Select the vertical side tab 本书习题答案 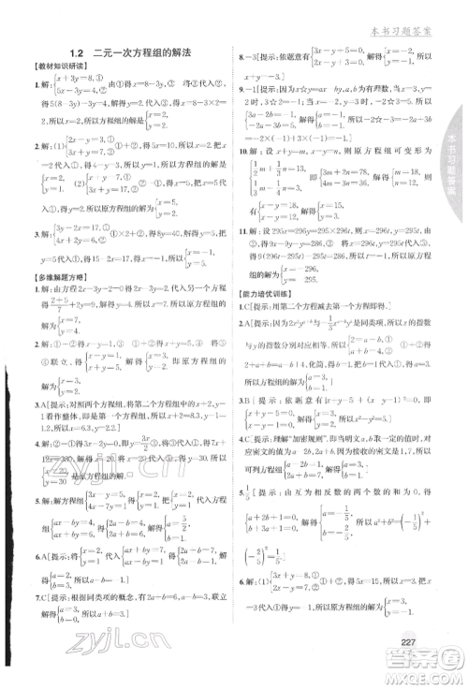pyautogui.click(x=451, y=150)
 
